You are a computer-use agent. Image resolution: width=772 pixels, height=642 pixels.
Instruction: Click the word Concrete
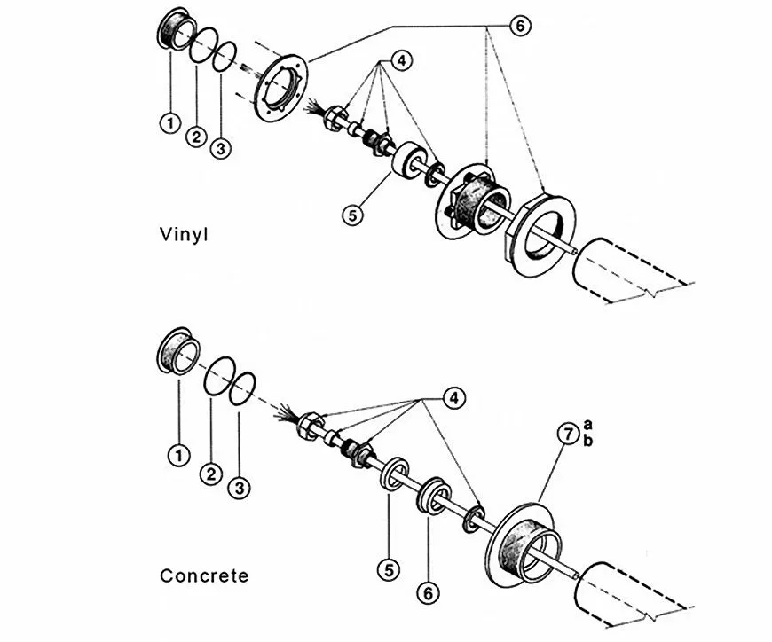(204, 575)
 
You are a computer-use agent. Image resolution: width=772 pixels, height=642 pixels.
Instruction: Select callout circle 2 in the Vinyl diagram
(197, 137)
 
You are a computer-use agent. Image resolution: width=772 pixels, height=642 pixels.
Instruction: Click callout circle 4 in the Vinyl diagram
(401, 60)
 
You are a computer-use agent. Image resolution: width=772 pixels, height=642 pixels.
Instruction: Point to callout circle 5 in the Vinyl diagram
(353, 214)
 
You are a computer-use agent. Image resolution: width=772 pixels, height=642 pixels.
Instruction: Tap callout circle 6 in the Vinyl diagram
(520, 27)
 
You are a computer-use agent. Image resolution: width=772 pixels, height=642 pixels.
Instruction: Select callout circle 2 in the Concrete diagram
(209, 474)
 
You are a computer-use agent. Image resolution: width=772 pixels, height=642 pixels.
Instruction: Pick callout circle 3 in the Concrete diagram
(239, 487)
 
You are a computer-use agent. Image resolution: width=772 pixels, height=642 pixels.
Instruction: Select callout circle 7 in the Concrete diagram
(567, 435)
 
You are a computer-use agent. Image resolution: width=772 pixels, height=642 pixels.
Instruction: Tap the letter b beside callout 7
(587, 441)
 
